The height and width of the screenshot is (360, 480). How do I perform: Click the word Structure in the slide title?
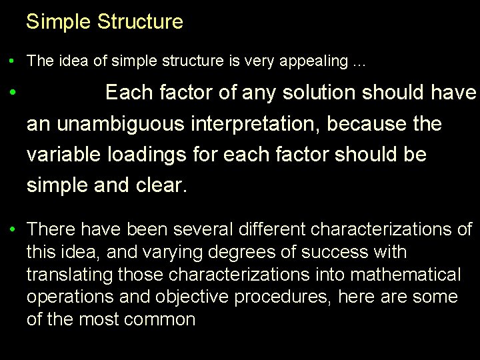(140, 22)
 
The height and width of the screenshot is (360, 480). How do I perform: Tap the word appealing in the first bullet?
(314, 61)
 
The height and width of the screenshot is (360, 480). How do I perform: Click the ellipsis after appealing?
(359, 62)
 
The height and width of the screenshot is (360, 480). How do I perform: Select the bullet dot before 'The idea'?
(13, 61)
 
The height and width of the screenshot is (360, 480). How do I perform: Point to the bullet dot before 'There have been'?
(13, 229)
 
